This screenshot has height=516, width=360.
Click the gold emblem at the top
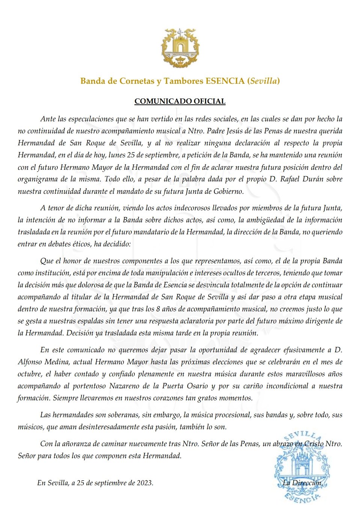point(180,48)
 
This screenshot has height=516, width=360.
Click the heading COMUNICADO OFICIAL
point(180,101)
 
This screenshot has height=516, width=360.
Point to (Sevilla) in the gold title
point(264,81)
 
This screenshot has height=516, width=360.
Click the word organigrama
point(37,179)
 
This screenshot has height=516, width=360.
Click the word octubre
point(30,374)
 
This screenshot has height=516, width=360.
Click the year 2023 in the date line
point(144,483)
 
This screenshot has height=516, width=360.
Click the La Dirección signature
point(303,483)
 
